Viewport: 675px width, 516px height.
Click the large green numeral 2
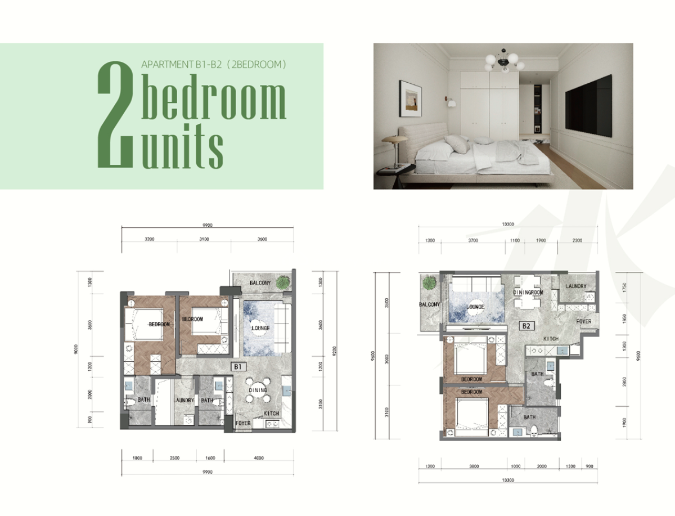[x=117, y=116]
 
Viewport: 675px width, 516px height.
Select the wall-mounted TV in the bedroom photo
[x=588, y=106]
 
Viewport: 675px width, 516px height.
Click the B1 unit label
[x=238, y=367]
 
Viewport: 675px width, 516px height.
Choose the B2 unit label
[x=527, y=325]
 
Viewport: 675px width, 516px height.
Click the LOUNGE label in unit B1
[x=261, y=328]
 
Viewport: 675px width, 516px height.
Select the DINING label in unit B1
[x=258, y=390]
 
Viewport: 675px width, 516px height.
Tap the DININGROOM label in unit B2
[x=528, y=293]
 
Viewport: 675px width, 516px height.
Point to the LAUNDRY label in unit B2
[x=576, y=286]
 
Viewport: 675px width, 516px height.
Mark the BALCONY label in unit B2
[x=429, y=304]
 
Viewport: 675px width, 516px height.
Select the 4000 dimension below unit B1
[x=259, y=458]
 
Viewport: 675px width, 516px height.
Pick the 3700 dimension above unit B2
[x=472, y=240]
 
